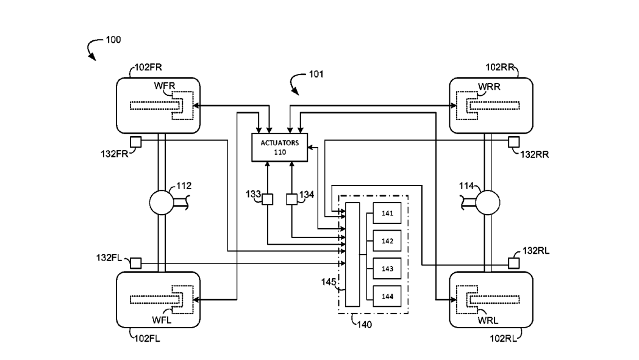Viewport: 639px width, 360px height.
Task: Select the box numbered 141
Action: pos(387,214)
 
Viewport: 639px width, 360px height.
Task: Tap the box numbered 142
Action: pos(387,241)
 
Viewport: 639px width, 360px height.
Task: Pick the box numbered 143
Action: pos(387,268)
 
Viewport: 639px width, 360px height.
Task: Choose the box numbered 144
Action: pos(387,296)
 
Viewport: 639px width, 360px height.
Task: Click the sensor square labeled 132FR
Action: pos(136,142)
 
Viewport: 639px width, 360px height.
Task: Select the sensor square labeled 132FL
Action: pos(136,263)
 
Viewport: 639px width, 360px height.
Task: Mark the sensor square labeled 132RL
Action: pos(513,263)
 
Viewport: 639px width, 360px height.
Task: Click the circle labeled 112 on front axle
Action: pos(162,203)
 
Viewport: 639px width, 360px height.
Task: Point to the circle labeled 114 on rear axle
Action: pos(487,203)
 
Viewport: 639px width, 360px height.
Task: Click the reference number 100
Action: pos(113,40)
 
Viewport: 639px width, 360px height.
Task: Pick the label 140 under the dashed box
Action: pos(363,324)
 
